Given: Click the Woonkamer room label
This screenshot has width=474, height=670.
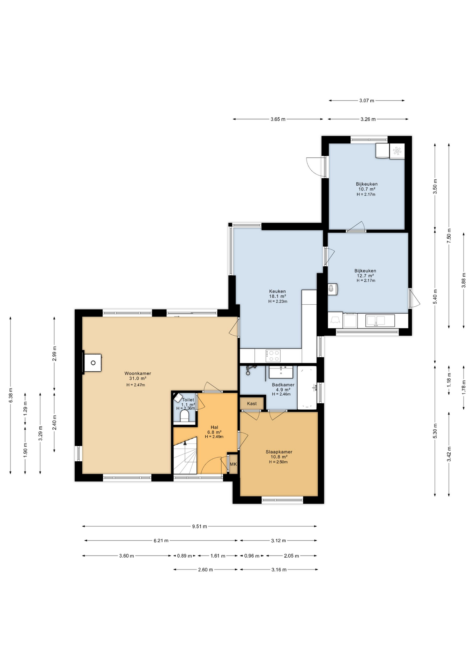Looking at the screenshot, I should pyautogui.click(x=138, y=373).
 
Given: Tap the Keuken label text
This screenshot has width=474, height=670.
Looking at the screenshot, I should pyautogui.click(x=277, y=291).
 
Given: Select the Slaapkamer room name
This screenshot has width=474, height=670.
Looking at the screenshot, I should pyautogui.click(x=279, y=452).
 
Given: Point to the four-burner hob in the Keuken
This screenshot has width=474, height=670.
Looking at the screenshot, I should pyautogui.click(x=273, y=356).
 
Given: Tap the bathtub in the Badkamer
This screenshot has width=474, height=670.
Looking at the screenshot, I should pyautogui.click(x=307, y=387).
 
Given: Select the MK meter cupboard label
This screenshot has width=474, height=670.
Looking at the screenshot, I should pyautogui.click(x=233, y=464).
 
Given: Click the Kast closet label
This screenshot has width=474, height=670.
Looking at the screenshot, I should pyautogui.click(x=252, y=403).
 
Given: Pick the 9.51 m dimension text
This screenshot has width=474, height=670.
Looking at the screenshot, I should pyautogui.click(x=199, y=526).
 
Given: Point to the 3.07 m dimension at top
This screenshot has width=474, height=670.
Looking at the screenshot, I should pyautogui.click(x=366, y=100).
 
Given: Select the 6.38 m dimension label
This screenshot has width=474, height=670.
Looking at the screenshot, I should pyautogui.click(x=10, y=395).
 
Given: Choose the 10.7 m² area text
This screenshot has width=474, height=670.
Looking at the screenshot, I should pyautogui.click(x=366, y=189).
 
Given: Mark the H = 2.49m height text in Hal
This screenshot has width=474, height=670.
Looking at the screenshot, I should pyautogui.click(x=214, y=437).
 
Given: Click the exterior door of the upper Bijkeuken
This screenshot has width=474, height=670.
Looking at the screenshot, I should pyautogui.click(x=314, y=166).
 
